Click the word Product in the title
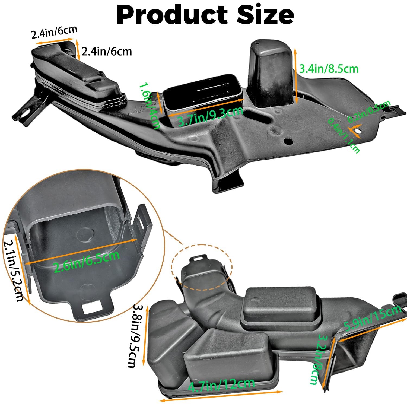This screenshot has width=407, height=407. pos(172,15)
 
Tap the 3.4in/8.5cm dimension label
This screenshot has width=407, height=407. pos(329,69)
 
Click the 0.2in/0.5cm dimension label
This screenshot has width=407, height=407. pos(369,112)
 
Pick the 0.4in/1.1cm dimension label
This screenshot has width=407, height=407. pos(344,136)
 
